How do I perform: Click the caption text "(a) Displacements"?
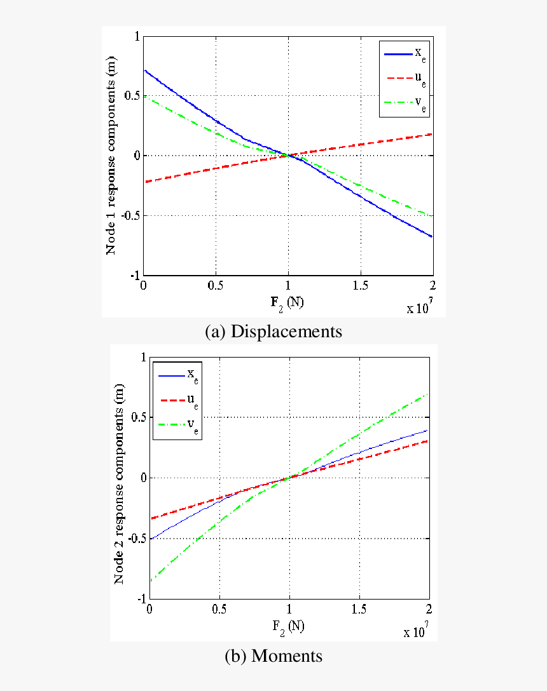(273, 332)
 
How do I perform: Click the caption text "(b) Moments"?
(273, 656)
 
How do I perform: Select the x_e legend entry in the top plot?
(405, 55)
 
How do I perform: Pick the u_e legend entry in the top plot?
(405, 80)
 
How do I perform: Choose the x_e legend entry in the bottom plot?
(177, 375)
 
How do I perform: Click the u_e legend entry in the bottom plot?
(177, 400)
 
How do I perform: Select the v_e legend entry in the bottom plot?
(177, 426)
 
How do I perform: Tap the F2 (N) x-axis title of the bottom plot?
(288, 626)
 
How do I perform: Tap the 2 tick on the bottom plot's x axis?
(428, 610)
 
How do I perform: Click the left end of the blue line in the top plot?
(145, 70)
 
